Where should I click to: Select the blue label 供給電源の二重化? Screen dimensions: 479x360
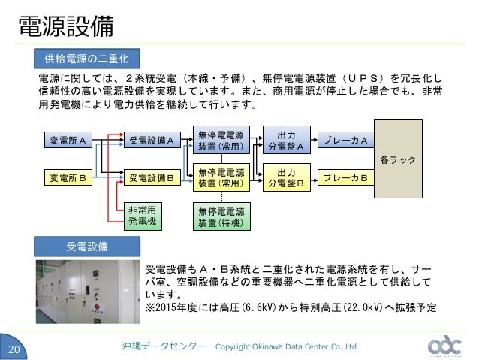[x=87, y=58]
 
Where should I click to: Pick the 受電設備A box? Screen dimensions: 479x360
[x=152, y=140]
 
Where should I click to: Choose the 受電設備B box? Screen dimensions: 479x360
[x=152, y=178]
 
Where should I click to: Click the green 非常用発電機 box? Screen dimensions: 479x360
[x=141, y=216]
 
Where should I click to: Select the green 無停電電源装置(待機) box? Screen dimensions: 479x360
[x=221, y=216]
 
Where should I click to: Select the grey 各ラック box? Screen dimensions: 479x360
[x=397, y=160]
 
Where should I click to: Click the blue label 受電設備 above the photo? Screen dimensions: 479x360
[x=87, y=246]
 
